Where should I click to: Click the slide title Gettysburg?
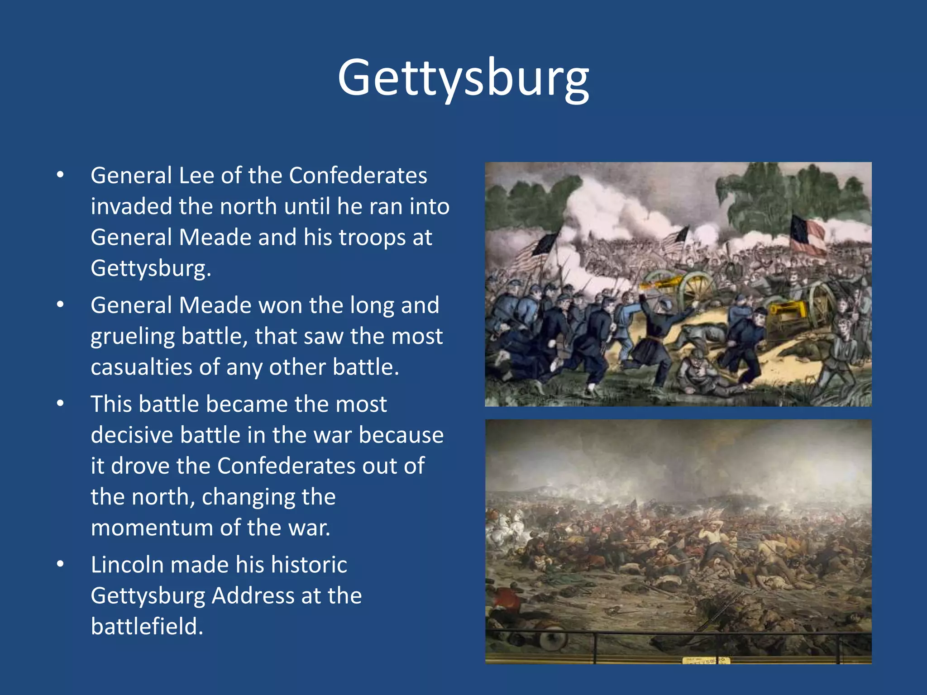pyautogui.click(x=463, y=78)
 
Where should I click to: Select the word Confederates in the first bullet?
pyautogui.click(x=358, y=176)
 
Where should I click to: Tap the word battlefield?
pyautogui.click(x=147, y=627)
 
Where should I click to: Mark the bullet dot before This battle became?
pyautogui.click(x=60, y=404)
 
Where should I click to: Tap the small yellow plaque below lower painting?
pyautogui.click(x=706, y=661)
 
